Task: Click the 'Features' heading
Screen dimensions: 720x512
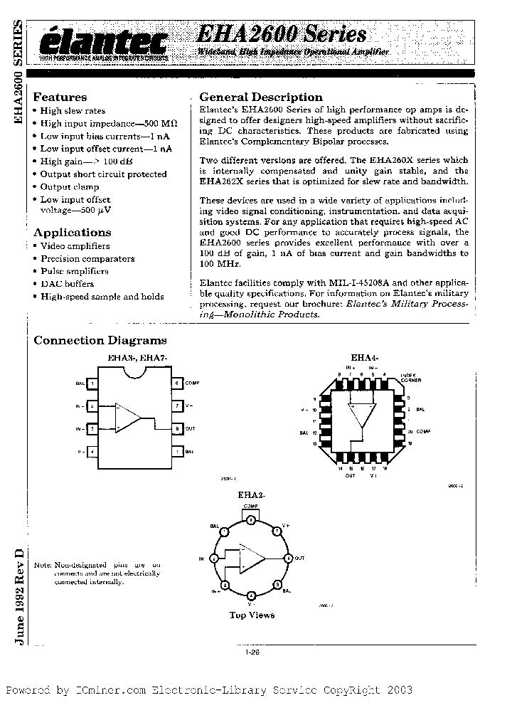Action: tap(60, 97)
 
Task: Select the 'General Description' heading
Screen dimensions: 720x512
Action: tap(260, 97)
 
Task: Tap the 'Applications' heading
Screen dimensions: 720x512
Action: tap(73, 233)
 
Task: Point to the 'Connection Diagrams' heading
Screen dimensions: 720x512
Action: tap(100, 341)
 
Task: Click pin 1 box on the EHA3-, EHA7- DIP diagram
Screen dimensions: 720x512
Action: tap(92, 383)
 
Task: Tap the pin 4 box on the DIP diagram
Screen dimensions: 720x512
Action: tap(92, 451)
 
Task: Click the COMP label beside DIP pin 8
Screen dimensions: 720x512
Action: tap(192, 383)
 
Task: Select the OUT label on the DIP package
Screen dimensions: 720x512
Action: tap(190, 429)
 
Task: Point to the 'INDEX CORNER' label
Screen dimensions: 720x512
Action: tap(410, 377)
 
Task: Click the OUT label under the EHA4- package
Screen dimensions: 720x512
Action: tap(350, 475)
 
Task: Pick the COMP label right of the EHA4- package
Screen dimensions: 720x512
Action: tap(424, 432)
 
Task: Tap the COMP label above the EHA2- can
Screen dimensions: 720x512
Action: tap(251, 504)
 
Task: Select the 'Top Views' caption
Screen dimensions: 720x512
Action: tap(252, 615)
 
